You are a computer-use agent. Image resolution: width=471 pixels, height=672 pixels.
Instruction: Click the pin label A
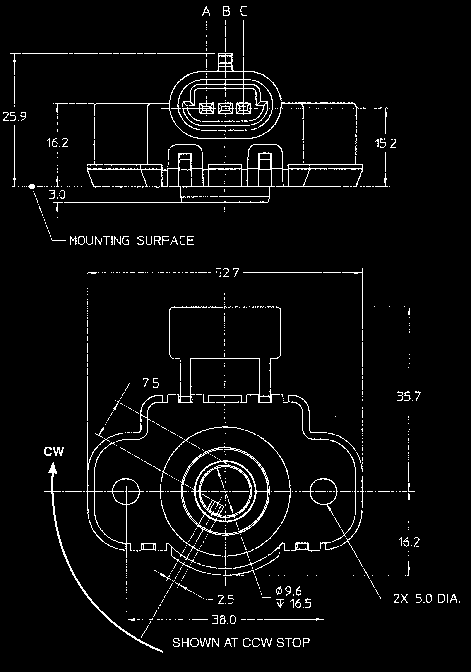[x=206, y=12]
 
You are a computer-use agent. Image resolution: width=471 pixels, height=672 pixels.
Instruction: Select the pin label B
[x=226, y=12]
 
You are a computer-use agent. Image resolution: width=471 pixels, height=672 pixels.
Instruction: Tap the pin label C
[x=244, y=12]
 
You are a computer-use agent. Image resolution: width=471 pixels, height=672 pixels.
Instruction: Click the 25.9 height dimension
[x=15, y=116]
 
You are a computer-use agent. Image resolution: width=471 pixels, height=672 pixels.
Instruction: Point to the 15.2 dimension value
[x=386, y=143]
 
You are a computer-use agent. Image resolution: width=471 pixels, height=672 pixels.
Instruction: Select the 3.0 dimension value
[x=57, y=195]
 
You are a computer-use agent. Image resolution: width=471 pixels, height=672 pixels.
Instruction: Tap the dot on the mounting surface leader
[x=32, y=186]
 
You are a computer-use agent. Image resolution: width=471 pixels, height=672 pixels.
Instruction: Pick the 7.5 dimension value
[x=151, y=383]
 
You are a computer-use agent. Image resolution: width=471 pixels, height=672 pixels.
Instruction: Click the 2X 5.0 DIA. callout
[x=426, y=599]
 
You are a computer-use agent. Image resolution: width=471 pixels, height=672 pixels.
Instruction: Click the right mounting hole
[x=324, y=491]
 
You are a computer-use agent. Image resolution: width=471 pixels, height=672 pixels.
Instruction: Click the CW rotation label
[x=54, y=452]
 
